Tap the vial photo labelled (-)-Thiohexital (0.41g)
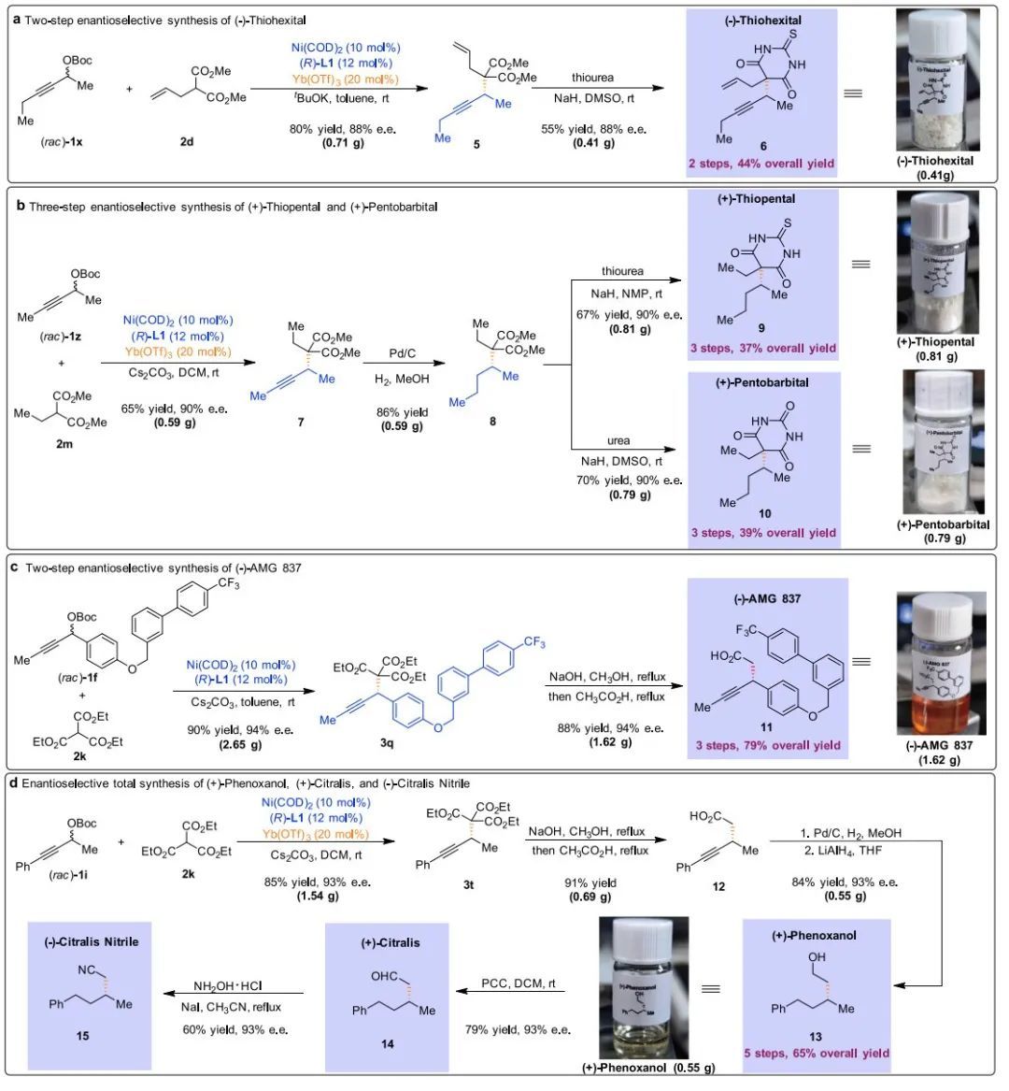943,82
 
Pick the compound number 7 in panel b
301,423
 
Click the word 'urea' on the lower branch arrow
618,440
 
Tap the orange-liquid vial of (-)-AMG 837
940,663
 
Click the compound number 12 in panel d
718,886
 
